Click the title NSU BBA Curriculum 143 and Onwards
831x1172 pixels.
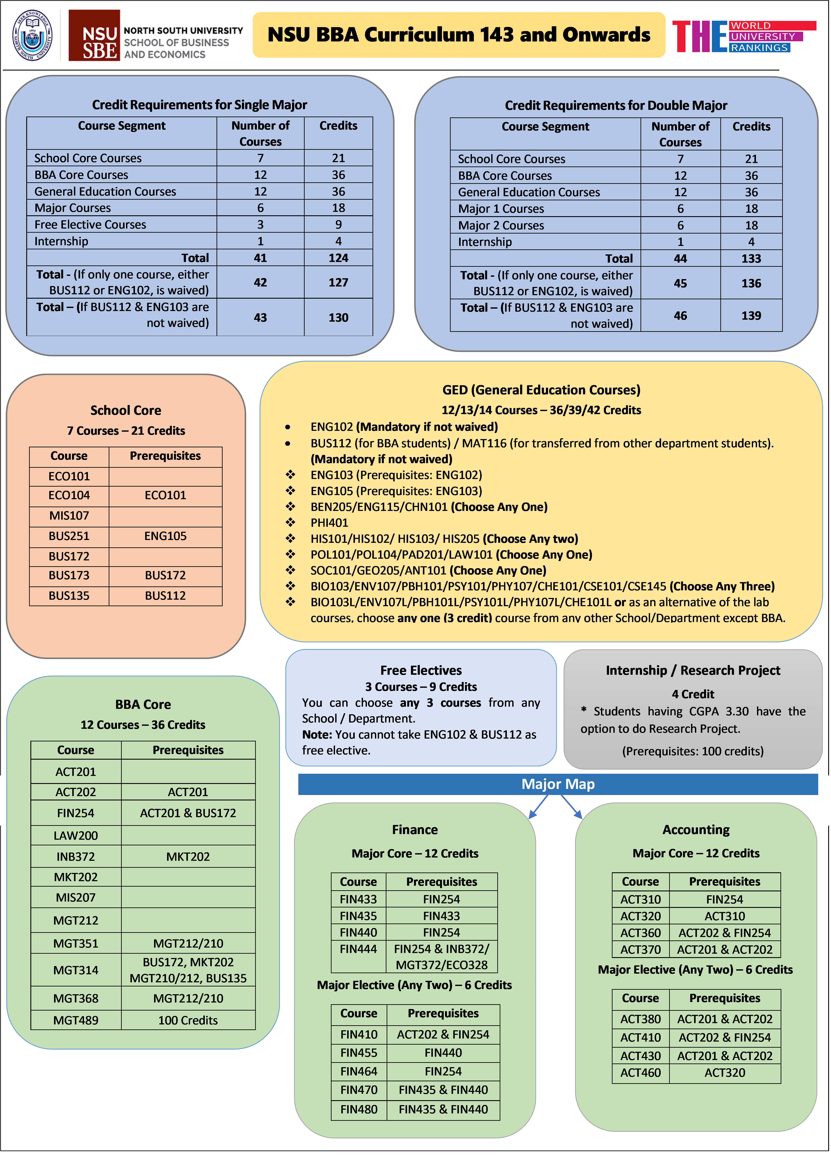458,35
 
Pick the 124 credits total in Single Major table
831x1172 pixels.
338,258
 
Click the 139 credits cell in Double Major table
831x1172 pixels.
751,316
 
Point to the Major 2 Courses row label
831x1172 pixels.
501,225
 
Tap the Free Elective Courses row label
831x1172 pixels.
90,225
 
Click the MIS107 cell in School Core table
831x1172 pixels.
69,516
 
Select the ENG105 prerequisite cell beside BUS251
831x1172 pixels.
165,536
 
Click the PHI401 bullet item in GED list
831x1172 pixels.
329,523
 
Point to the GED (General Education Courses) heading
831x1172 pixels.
541,390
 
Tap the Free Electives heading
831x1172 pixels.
421,670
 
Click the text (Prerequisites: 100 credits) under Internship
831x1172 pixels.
692,751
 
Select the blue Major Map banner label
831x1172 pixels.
558,784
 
